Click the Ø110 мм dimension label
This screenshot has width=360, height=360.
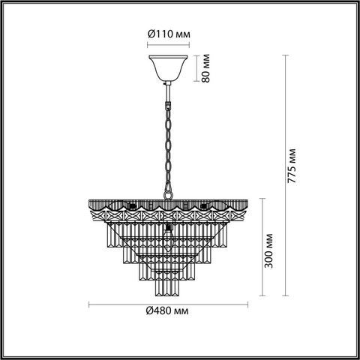tap(169, 34)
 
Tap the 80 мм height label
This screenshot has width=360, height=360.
tap(205, 68)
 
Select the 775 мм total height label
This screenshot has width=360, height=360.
tap(292, 166)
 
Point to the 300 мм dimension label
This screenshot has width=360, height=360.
tap(268, 250)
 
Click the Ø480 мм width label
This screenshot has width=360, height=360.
tap(167, 310)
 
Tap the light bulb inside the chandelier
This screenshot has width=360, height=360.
tap(168, 238)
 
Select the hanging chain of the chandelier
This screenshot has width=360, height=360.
tap(169, 148)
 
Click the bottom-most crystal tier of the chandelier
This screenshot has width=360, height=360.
tap(167, 287)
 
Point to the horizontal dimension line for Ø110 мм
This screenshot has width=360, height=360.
tap(168, 45)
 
